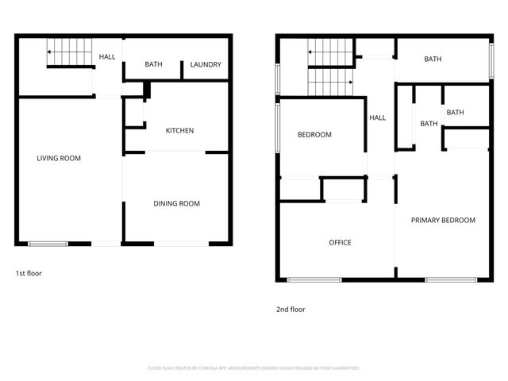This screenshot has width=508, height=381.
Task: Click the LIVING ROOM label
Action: pyautogui.click(x=59, y=158)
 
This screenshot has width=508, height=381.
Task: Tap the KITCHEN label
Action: pyautogui.click(x=179, y=131)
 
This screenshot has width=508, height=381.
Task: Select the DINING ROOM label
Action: pyautogui.click(x=176, y=204)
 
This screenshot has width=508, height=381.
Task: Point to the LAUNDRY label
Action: pyautogui.click(x=206, y=65)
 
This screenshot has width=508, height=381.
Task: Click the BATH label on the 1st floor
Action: pyautogui.click(x=153, y=65)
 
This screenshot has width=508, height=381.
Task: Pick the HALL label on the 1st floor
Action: pyautogui.click(x=106, y=57)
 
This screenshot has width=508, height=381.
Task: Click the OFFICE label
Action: pyautogui.click(x=340, y=243)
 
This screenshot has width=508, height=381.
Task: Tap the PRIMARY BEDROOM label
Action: pyautogui.click(x=443, y=221)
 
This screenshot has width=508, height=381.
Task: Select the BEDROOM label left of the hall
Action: pyautogui.click(x=314, y=135)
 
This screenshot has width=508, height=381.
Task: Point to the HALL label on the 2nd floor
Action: pyautogui.click(x=378, y=118)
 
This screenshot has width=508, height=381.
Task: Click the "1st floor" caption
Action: pyautogui.click(x=29, y=273)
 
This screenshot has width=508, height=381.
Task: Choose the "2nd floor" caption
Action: pyautogui.click(x=290, y=310)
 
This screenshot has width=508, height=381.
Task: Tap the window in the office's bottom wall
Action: pyautogui.click(x=314, y=279)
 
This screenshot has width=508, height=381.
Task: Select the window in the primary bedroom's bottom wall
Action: pyautogui.click(x=451, y=279)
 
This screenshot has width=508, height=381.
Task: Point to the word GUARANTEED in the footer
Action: pyautogui.click(x=344, y=368)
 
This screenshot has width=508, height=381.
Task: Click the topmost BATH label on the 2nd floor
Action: pyautogui.click(x=433, y=60)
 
